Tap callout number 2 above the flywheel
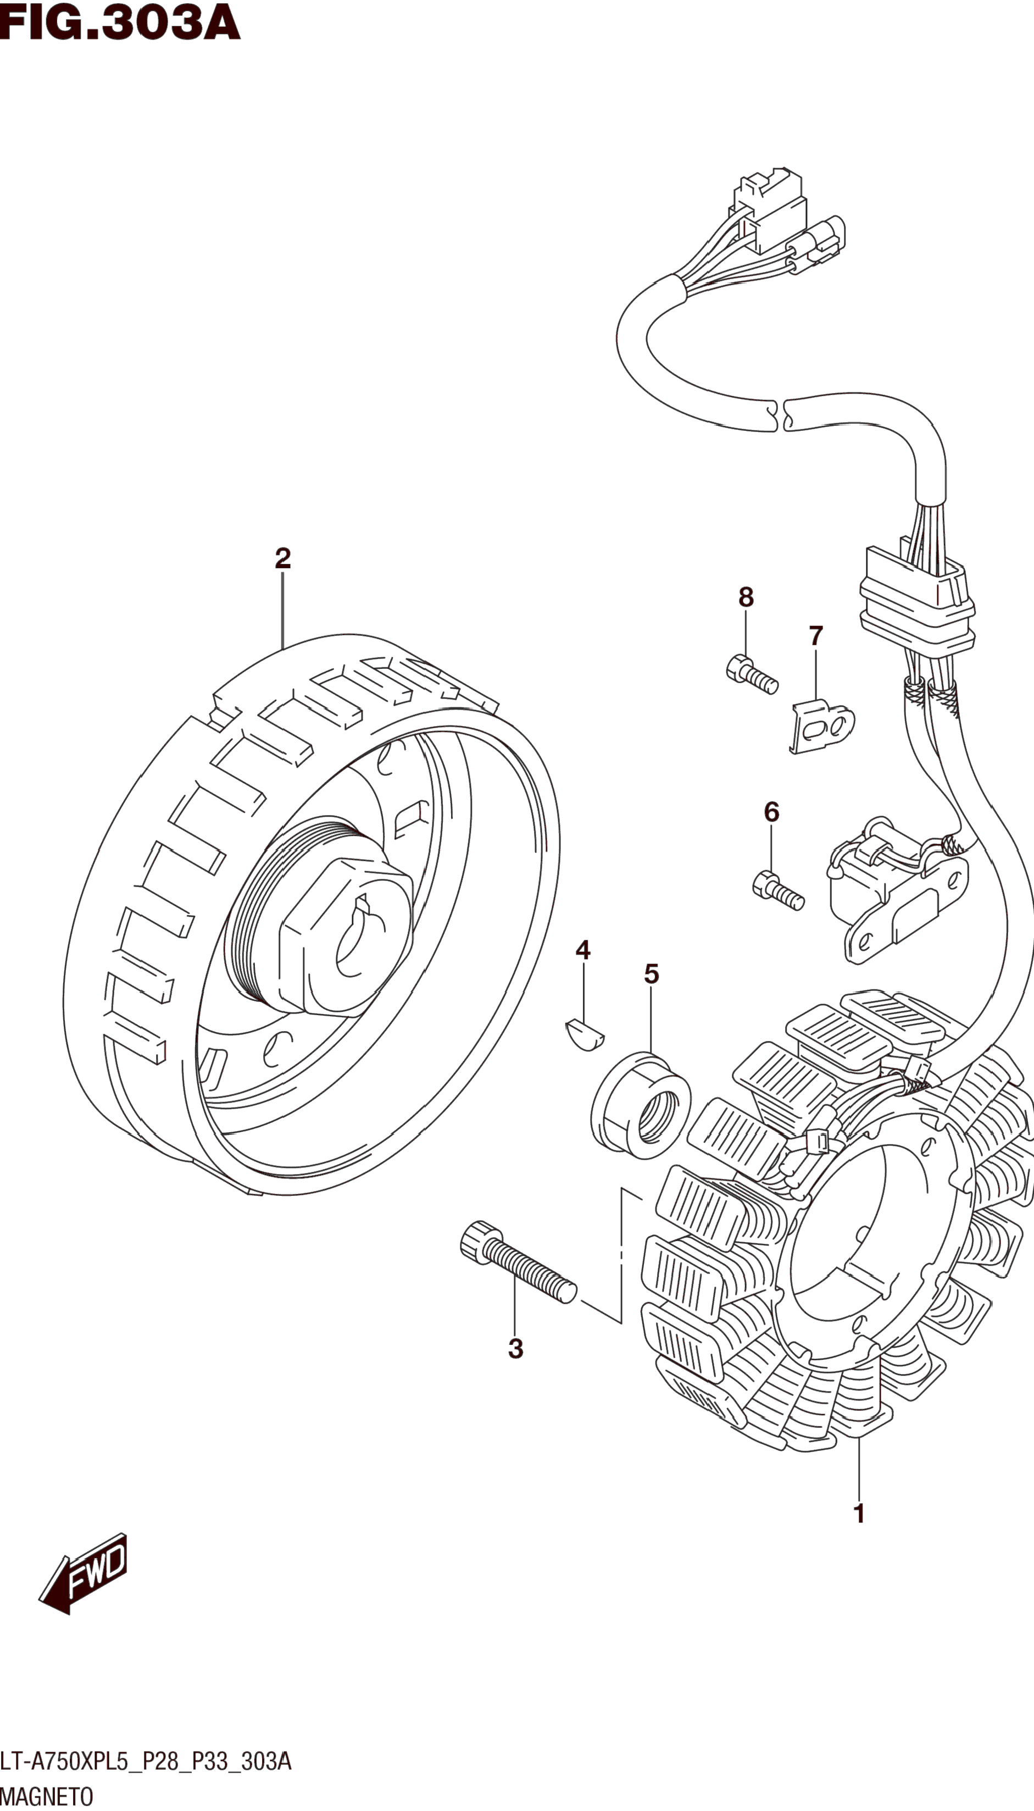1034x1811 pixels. tap(282, 558)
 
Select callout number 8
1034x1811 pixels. tap(746, 597)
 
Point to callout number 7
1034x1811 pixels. tap(816, 635)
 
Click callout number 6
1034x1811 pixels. tap(771, 812)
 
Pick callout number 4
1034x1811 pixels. tap(583, 950)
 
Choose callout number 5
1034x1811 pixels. tap(651, 974)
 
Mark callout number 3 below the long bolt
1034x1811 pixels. tap(515, 1349)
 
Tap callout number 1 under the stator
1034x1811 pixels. tap(859, 1514)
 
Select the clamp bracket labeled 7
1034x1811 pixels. tap(822, 726)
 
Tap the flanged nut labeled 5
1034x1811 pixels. tap(641, 1106)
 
